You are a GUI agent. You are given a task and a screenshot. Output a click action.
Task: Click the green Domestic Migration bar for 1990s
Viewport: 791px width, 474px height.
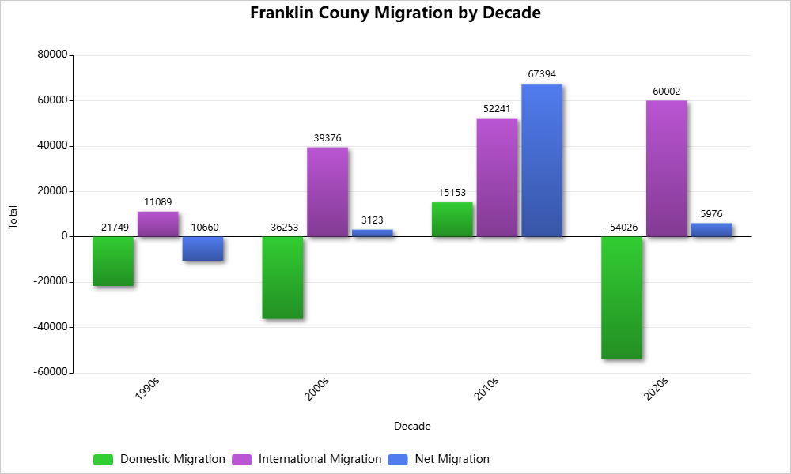[x=113, y=261]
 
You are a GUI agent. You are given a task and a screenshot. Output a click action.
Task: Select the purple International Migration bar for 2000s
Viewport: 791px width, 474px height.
[x=327, y=192]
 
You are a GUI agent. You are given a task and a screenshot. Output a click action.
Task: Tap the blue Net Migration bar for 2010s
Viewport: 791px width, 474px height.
[x=542, y=160]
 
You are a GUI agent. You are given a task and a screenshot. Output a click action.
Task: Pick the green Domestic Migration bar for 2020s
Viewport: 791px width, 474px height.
[x=622, y=298]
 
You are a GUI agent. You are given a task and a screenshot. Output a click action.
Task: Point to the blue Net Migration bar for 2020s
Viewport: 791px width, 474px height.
[x=711, y=230]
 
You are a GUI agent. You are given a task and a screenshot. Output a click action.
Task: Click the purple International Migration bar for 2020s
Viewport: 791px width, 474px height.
[x=666, y=168]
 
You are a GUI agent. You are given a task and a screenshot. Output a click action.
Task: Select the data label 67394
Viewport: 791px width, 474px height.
[x=542, y=74]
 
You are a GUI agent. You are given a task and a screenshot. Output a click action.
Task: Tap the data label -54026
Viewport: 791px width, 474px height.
[x=622, y=228]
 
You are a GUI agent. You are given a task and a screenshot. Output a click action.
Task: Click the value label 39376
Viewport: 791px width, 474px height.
[x=327, y=138]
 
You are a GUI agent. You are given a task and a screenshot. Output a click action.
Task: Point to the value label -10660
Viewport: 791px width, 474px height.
[x=202, y=228]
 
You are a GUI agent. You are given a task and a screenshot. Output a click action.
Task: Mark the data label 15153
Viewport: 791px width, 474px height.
[x=452, y=193]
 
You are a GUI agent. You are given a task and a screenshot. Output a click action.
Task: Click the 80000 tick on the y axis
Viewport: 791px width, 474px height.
[x=52, y=55]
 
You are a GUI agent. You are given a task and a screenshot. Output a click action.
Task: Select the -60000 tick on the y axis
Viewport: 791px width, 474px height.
[x=50, y=372]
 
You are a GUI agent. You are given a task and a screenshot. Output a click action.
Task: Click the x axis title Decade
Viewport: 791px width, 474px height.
[x=412, y=427]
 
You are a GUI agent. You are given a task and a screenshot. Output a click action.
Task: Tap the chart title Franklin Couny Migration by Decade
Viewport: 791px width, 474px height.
[x=395, y=13]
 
